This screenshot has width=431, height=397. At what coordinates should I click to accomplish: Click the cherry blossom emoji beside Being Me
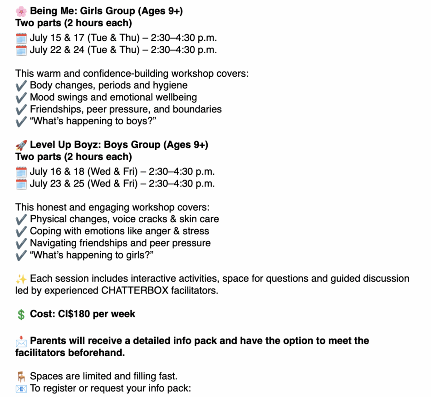[21, 11]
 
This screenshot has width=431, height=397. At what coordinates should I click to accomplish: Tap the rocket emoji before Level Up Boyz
[21, 145]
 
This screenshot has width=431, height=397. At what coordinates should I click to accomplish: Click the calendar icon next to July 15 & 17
[21, 38]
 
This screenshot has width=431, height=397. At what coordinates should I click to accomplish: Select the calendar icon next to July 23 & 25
[21, 184]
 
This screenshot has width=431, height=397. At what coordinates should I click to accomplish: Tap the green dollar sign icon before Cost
[21, 314]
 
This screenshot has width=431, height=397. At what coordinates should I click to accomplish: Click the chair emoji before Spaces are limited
[21, 377]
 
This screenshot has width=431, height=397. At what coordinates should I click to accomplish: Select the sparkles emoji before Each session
[21, 279]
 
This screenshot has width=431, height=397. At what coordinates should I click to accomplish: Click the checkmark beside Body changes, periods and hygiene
[21, 85]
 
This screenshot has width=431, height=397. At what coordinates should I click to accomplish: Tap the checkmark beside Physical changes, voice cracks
[21, 219]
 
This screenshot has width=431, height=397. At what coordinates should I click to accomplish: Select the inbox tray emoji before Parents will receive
[21, 341]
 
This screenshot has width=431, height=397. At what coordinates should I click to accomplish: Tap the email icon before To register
[21, 389]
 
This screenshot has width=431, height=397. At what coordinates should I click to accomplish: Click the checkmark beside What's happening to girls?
[21, 255]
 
